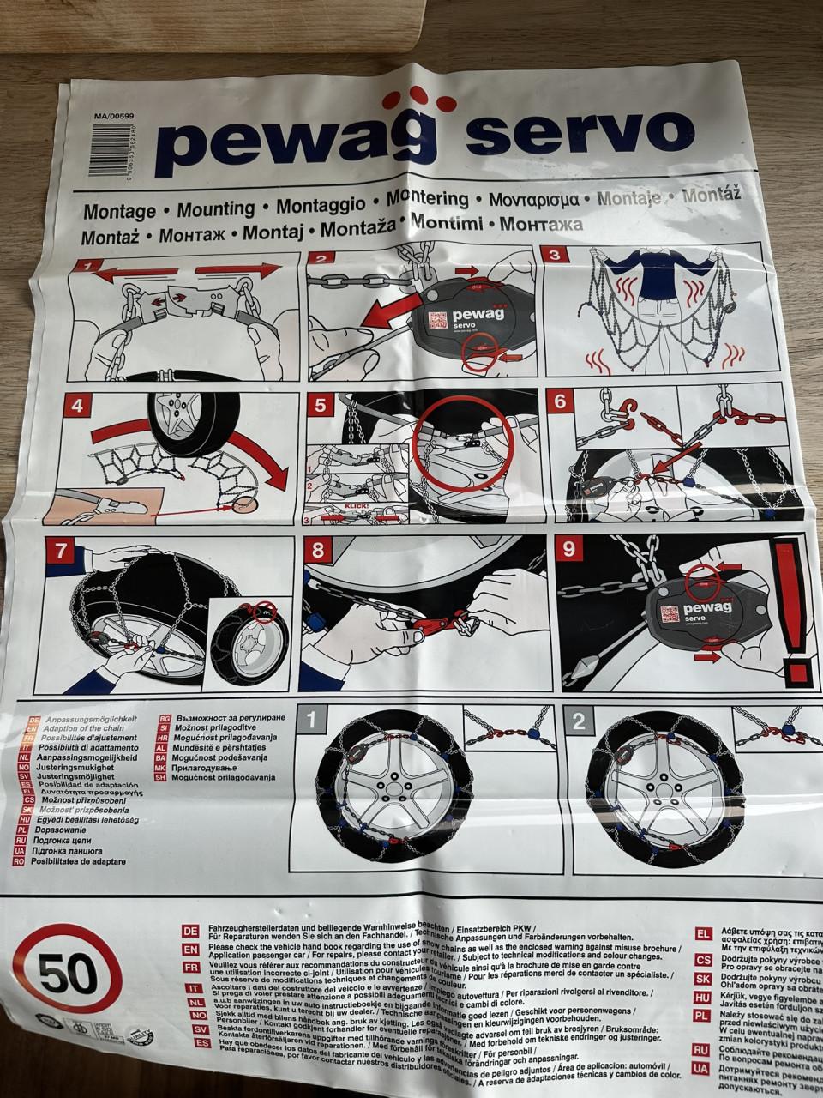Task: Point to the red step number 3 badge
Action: (554, 255)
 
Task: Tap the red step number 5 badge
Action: (321, 404)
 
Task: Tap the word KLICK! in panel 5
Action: (355, 506)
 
